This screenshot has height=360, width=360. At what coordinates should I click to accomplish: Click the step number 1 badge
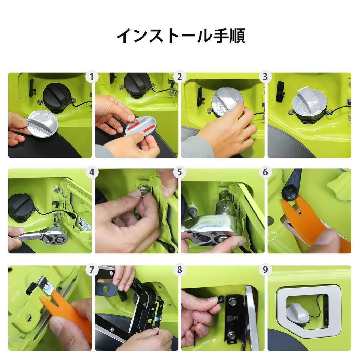click(x=92, y=77)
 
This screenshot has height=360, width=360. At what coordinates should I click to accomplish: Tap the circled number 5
click(x=179, y=173)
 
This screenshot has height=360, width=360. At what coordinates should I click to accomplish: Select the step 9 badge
click(x=265, y=270)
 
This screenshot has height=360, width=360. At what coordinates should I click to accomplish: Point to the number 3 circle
click(x=265, y=77)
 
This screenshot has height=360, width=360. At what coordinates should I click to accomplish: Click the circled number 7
click(x=92, y=270)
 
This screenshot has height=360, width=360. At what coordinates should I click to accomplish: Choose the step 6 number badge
click(x=265, y=173)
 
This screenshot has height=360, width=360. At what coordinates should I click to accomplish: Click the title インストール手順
click(x=180, y=36)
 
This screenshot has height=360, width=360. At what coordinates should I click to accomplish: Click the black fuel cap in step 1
click(x=57, y=96)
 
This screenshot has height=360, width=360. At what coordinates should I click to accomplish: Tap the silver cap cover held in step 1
click(x=42, y=123)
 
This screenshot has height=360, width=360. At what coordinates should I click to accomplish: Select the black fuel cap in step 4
click(x=21, y=207)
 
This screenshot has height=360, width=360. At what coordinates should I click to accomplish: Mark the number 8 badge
click(x=179, y=270)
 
